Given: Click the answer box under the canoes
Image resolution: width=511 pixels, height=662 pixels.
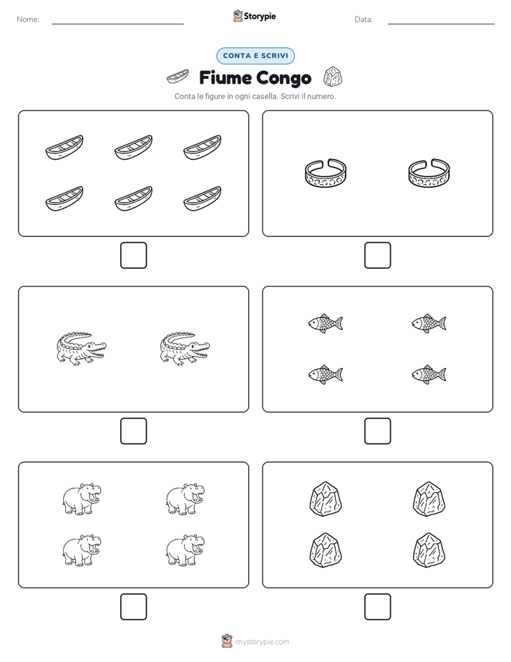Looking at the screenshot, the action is [133, 255].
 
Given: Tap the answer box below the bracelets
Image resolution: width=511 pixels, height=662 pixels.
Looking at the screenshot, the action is [377, 255].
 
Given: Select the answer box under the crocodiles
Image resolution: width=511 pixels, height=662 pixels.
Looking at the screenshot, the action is [133, 431].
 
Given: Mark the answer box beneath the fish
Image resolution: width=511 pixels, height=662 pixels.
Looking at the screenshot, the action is [377, 431].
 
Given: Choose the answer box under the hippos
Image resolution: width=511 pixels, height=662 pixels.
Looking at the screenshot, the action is [133, 607].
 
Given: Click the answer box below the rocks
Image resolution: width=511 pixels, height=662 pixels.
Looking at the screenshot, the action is [377, 607].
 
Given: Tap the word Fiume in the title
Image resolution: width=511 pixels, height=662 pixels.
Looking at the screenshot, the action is [225, 77].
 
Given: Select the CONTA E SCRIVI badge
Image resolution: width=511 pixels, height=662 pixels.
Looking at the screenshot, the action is [255, 56].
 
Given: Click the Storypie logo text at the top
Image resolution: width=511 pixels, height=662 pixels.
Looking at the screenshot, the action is [260, 16].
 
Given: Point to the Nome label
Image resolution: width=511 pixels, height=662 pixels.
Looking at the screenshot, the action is [28, 19].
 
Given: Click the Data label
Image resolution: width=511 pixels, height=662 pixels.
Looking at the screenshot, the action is [364, 19].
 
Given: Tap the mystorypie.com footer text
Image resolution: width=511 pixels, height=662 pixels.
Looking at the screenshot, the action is [262, 642].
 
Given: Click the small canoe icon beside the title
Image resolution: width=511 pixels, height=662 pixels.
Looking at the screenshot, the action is [177, 77].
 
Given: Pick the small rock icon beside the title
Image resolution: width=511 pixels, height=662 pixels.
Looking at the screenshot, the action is [333, 77].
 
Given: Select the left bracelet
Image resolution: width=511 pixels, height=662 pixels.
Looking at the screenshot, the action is [326, 173].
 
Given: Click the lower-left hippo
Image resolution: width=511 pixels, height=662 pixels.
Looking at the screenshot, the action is [82, 550].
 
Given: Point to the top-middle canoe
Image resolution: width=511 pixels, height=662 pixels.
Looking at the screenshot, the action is [133, 148].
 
